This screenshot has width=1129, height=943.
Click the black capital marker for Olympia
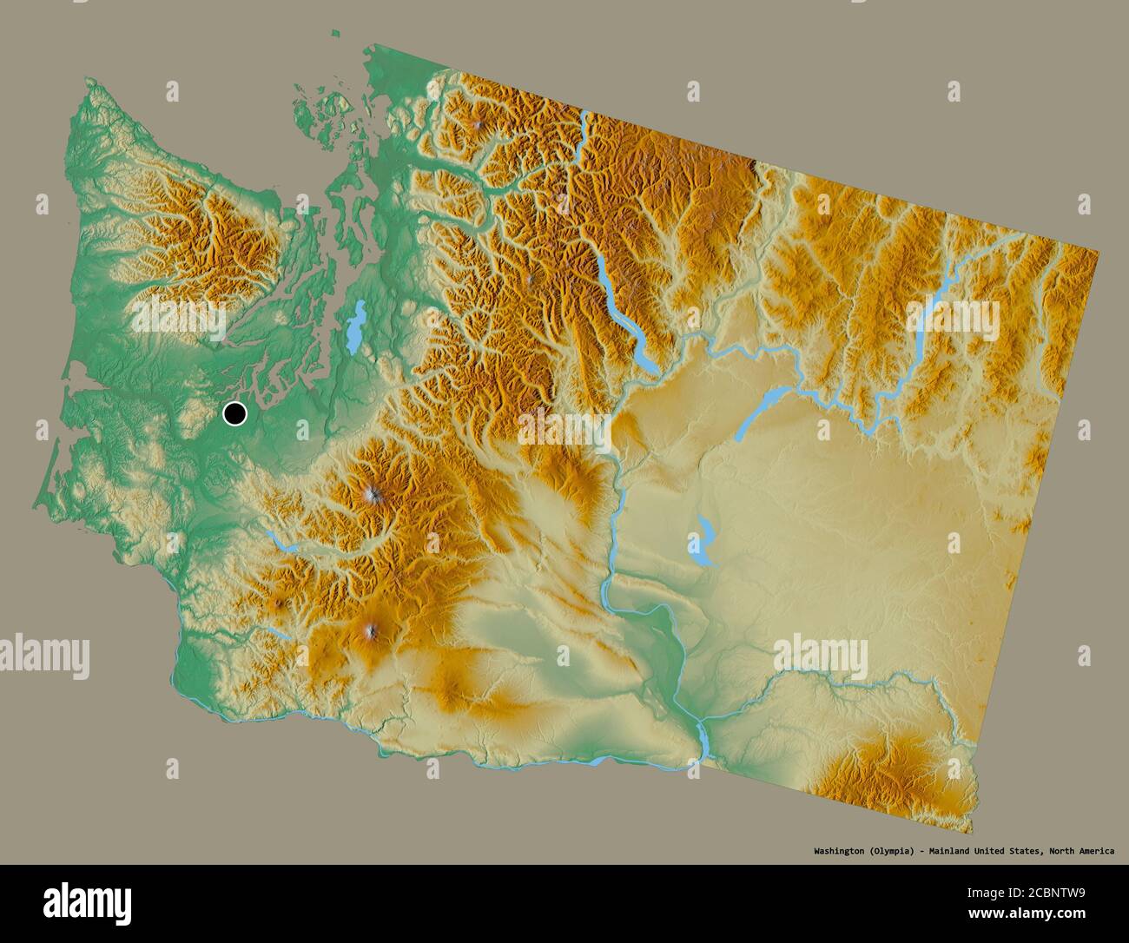pos(234,414)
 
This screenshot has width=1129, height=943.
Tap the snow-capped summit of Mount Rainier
pos(373,495)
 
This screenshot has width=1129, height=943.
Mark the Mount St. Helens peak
pos(278,602)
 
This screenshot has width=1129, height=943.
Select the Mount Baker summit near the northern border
pos(480,127)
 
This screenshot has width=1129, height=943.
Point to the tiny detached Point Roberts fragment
pos(334,34)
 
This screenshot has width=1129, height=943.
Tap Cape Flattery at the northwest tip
pos(88,82)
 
